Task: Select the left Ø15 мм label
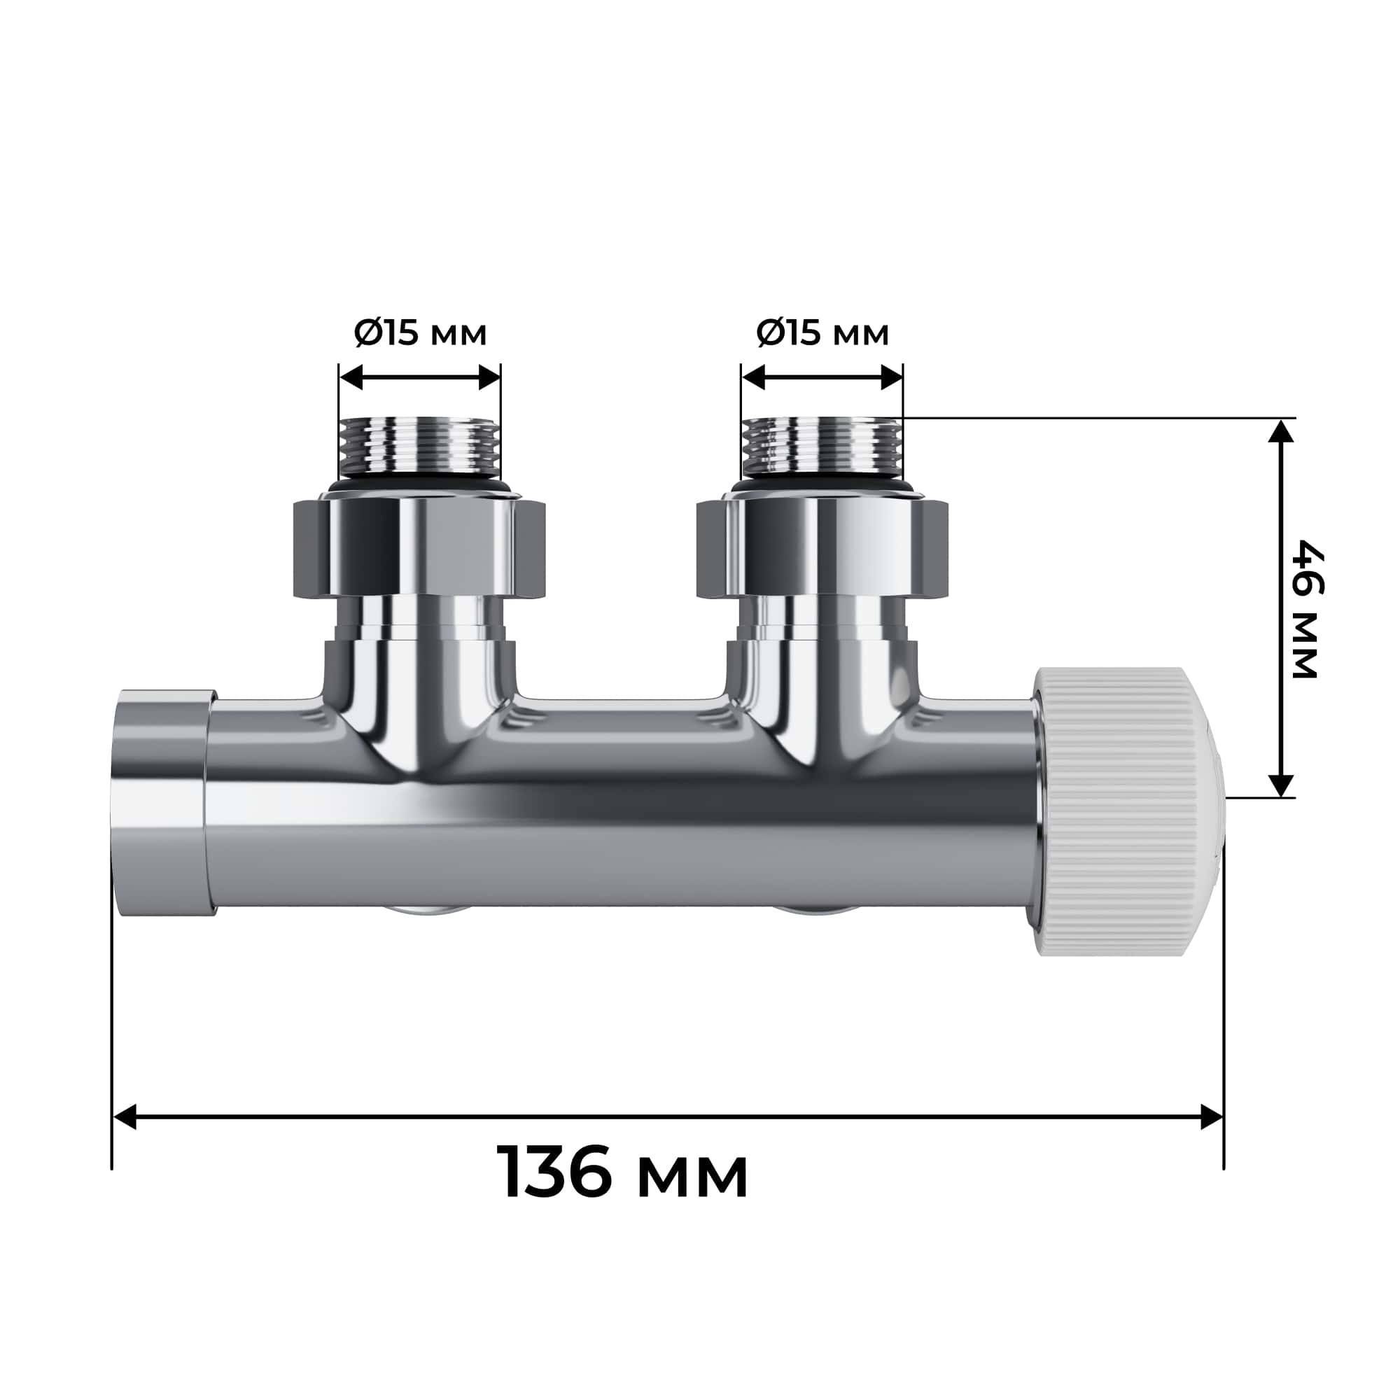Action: tap(420, 334)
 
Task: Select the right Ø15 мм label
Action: tap(822, 334)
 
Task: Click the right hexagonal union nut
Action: tap(822, 547)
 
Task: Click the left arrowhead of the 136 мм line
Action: tap(125, 1116)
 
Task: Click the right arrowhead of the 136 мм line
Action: tap(1212, 1116)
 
